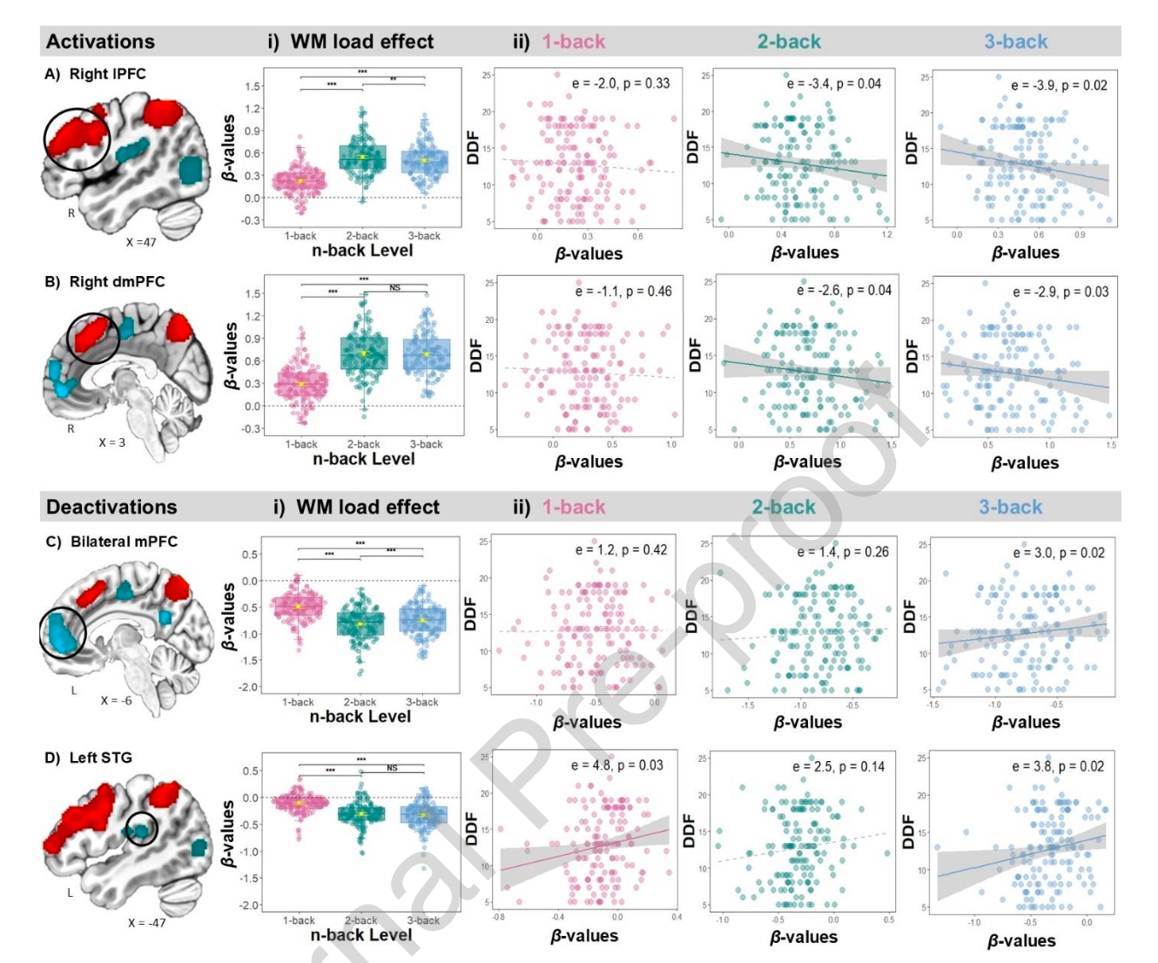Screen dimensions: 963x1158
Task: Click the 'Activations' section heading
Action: tap(100, 42)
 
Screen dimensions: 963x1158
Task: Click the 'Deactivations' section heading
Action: tap(111, 507)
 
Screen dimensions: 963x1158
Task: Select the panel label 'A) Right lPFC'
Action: tap(95, 74)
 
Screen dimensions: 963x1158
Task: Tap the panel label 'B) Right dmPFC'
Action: tap(104, 282)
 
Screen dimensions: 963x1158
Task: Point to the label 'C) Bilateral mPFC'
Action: tap(111, 542)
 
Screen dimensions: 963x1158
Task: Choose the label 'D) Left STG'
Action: tap(88, 758)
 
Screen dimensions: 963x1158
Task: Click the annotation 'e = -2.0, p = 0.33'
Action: tap(621, 84)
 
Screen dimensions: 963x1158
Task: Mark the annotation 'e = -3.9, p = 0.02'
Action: tap(1059, 85)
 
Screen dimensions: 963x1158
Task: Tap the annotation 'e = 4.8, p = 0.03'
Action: tap(616, 765)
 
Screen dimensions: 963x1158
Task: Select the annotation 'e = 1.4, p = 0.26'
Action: tap(843, 552)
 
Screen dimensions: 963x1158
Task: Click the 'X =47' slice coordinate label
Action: tap(141, 242)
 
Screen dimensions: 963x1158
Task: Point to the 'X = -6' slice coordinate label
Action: tap(117, 700)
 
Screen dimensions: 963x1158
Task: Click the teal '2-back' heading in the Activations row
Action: tap(789, 42)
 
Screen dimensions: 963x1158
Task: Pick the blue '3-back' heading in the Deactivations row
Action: tap(1010, 507)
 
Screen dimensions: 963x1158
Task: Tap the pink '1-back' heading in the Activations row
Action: tap(573, 42)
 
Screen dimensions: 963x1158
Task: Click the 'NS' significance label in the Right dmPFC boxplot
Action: tap(394, 287)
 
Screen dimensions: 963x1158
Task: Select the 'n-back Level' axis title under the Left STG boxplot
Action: tap(360, 934)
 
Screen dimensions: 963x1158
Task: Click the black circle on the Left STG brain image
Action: tap(141, 828)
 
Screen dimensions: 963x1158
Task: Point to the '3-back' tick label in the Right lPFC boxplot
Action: tap(424, 236)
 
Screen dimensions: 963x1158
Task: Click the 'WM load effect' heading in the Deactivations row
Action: tap(367, 507)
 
